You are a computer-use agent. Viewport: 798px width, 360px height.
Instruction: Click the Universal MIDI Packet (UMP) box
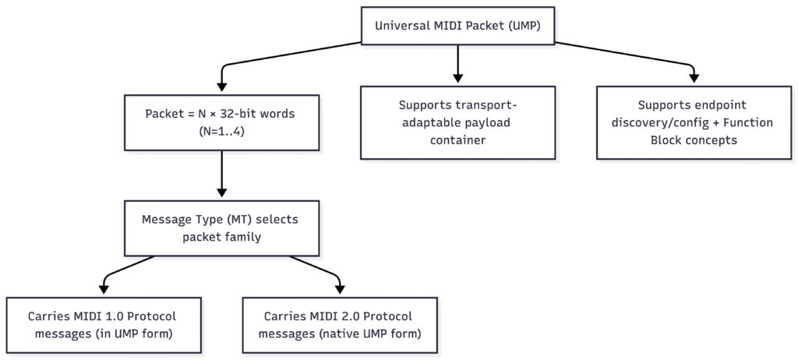tap(457, 25)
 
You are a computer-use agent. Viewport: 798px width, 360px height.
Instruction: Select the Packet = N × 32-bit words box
tap(222, 122)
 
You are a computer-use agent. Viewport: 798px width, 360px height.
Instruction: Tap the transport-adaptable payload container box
tap(457, 122)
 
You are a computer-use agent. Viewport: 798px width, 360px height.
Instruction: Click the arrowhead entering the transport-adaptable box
tap(457, 79)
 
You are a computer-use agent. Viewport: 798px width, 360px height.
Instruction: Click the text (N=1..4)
tap(222, 132)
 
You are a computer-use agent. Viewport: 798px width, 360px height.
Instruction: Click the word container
tap(457, 141)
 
